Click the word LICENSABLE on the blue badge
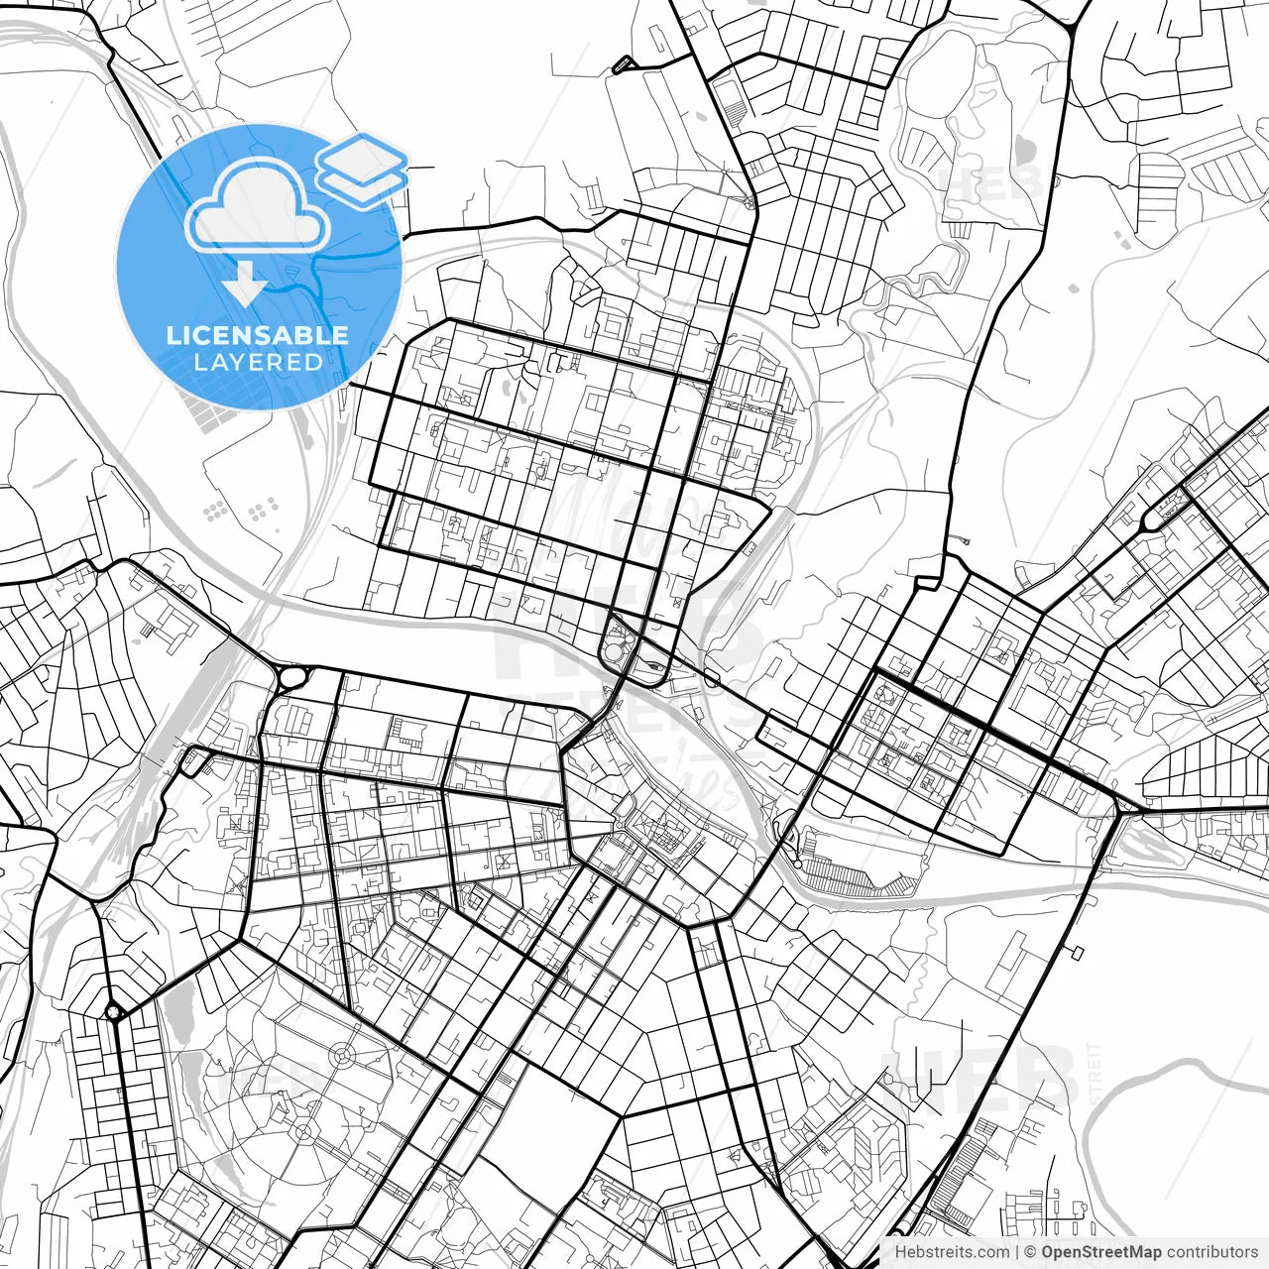click(x=258, y=335)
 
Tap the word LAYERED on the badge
click(x=258, y=362)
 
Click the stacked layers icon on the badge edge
click(x=363, y=169)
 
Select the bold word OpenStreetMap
click(x=1101, y=1252)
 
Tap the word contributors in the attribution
click(x=1211, y=1252)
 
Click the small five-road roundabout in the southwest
click(x=115, y=1012)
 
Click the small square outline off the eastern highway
click(x=1076, y=953)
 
